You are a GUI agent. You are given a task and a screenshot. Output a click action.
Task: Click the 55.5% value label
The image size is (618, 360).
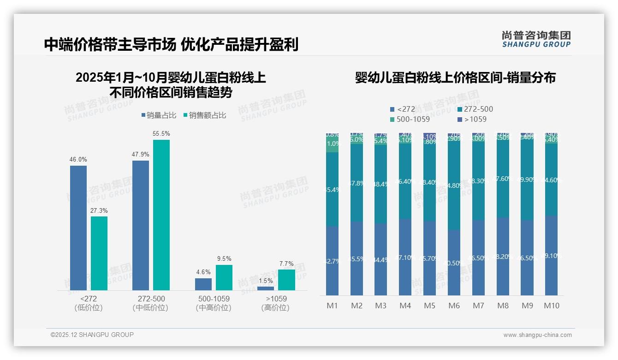click(161, 134)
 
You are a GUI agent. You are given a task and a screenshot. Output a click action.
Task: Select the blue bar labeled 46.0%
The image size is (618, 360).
click(78, 228)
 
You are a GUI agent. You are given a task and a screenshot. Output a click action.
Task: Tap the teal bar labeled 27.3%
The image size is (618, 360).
click(99, 253)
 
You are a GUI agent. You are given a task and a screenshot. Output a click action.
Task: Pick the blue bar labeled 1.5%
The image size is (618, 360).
click(266, 288)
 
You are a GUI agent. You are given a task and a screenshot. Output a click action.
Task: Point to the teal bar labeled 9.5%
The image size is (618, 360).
click(224, 277)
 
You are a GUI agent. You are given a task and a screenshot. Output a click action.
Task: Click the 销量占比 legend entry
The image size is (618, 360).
click(159, 115)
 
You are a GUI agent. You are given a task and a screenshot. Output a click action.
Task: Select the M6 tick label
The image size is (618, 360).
click(454, 306)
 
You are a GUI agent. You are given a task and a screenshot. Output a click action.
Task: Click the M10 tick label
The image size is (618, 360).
click(552, 306)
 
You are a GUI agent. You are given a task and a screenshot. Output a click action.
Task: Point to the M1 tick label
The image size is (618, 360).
click(332, 306)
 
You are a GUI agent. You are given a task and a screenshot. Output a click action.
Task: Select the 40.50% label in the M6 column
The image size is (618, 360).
click(454, 263)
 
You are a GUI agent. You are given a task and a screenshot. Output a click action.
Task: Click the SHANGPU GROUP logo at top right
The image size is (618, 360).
click(536, 39)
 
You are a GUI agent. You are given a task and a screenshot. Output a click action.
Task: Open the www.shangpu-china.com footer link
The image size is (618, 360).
click(537, 335)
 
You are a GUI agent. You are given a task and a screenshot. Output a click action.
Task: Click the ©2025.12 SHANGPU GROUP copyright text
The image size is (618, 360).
click(92, 335)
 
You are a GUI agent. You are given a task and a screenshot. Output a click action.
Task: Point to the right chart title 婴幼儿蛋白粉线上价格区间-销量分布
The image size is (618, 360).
click(455, 78)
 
